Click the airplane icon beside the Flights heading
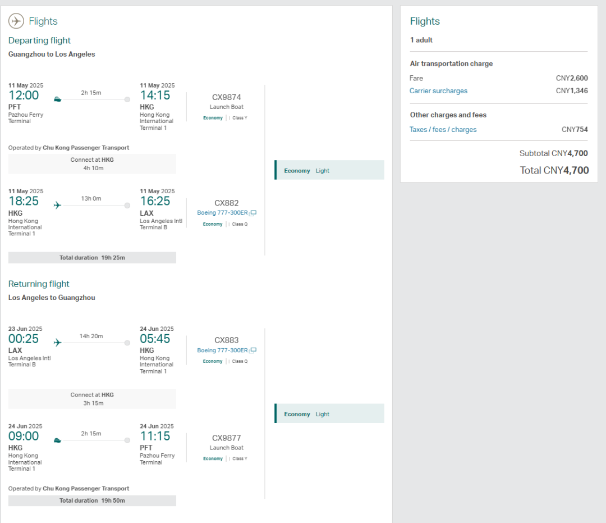click(16, 21)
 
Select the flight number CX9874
click(227, 97)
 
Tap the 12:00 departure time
click(24, 95)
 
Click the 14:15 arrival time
click(155, 95)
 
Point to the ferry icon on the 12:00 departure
click(57, 99)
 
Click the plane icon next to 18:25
click(57, 205)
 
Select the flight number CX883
click(227, 340)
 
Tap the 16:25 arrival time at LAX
click(155, 202)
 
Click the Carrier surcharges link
click(438, 91)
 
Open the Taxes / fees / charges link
click(443, 130)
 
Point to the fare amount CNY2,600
click(572, 78)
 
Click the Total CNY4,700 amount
click(554, 170)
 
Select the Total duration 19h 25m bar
click(92, 258)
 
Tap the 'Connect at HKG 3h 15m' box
click(92, 399)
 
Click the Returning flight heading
click(39, 284)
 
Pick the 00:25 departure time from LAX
click(24, 339)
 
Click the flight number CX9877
click(227, 438)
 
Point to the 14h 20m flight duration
click(91, 336)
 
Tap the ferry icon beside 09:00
click(57, 440)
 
